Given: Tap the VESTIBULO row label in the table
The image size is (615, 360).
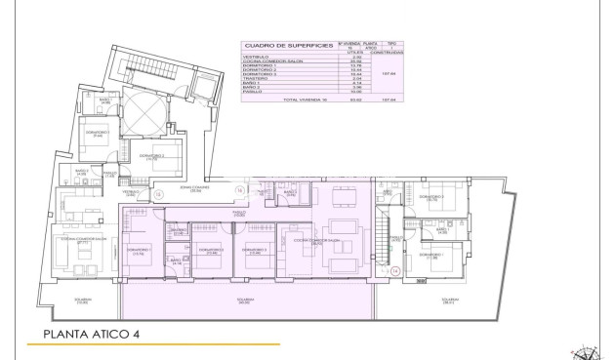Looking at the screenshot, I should pos(257,57).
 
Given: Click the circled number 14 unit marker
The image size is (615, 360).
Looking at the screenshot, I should pos(395,270).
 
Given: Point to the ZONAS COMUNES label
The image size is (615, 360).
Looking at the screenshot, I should pos(189,187).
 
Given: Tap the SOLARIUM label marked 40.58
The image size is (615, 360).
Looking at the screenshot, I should pos(245,300).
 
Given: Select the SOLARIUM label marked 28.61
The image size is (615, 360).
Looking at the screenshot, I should pos(448,300).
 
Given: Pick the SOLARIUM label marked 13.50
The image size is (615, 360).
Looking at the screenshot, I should pos(81,300).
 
